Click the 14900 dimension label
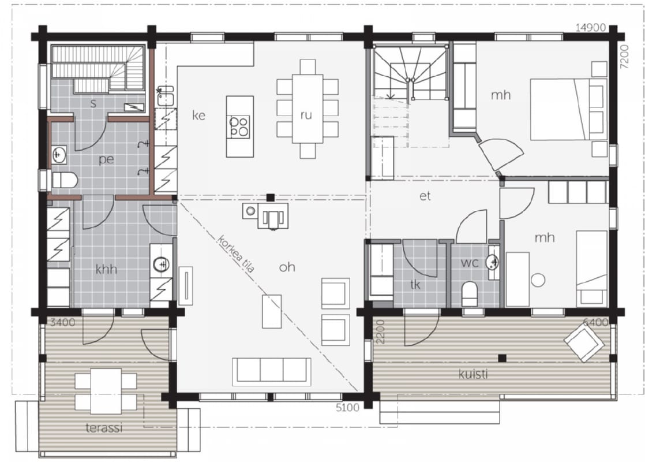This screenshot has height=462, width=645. pos(590,28)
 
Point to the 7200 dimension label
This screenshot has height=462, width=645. pos(624,57)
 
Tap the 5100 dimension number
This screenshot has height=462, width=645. pos(347,408)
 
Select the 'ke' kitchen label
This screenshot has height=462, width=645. pos(198,115)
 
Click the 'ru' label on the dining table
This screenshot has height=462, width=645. pos(306,115)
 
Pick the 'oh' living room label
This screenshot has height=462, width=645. pos(287,267)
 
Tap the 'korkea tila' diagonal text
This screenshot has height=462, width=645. pos(236,254)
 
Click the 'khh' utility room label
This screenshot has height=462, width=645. pos(106,269)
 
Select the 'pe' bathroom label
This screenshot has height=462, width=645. pos(106,160)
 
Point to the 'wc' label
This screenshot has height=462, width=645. pos(470,262)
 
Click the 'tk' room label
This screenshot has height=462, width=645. pos(415,284)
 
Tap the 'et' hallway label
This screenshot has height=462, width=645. pos(425,196)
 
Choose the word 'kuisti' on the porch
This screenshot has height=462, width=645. pos(473,374)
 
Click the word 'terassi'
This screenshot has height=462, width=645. pos(104,428)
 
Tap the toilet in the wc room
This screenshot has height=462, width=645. pos(469,294)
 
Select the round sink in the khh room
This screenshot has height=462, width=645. pos(162,264)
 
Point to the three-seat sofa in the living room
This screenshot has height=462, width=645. pos(272,371)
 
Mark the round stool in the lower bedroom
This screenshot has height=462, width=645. pos(538,280)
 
